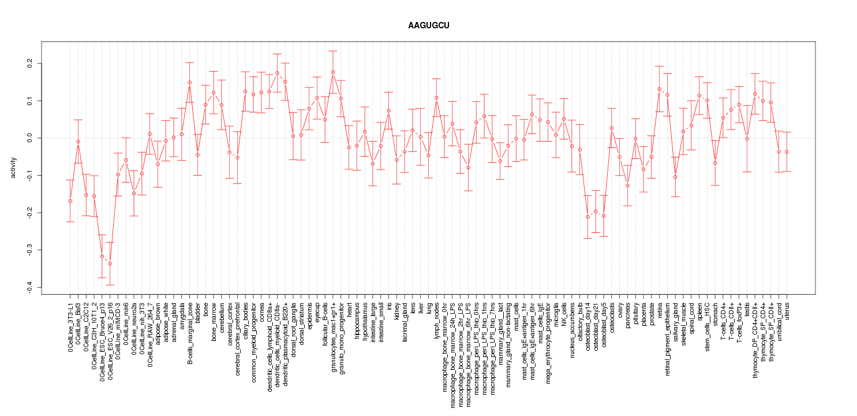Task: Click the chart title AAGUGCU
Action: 428,26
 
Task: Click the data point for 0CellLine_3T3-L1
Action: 70,201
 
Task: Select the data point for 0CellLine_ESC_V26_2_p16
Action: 110,264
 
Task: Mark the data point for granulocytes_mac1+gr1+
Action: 333,72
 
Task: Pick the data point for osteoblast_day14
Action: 587,217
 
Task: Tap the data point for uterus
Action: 787,152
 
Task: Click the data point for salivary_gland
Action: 675,177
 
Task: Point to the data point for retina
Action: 659,89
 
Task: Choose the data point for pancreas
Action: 627,185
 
